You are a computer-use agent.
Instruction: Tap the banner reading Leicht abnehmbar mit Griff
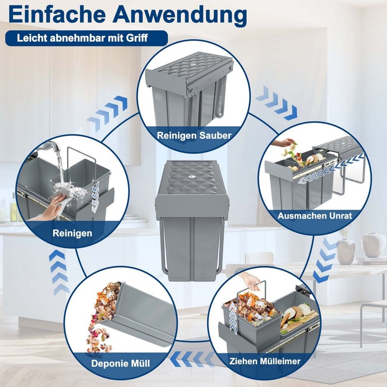coord(86,38)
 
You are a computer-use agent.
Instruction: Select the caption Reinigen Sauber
coord(194,135)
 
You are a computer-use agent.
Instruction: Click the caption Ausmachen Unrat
coord(315,216)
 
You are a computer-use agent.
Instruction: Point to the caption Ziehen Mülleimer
coord(265,361)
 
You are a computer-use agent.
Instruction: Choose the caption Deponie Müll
coord(120,364)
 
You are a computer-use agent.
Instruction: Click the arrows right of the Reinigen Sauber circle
coord(276,103)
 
